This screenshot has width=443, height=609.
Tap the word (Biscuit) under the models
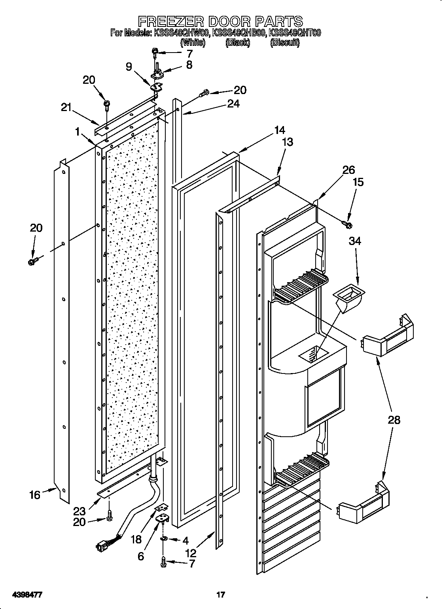(284, 43)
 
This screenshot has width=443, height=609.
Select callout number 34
(355, 241)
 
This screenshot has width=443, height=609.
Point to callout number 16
(35, 494)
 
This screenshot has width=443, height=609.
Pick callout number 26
(348, 170)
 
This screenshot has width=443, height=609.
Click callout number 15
(358, 182)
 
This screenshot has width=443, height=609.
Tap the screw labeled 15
(348, 225)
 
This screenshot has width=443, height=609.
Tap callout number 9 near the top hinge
(129, 66)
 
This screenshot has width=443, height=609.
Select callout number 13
(288, 142)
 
